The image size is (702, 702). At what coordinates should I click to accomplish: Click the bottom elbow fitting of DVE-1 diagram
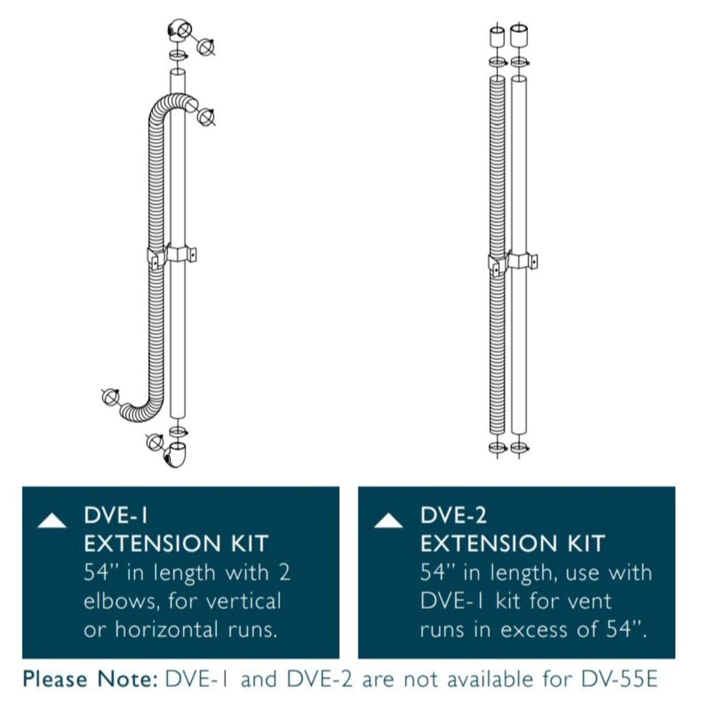tap(175, 454)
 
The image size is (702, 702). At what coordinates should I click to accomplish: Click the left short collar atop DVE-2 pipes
tap(497, 37)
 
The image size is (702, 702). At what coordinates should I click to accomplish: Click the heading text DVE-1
tap(116, 515)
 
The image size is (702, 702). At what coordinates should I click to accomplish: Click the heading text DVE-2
tap(453, 515)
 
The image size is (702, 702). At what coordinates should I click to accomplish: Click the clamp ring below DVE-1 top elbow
tap(178, 55)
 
